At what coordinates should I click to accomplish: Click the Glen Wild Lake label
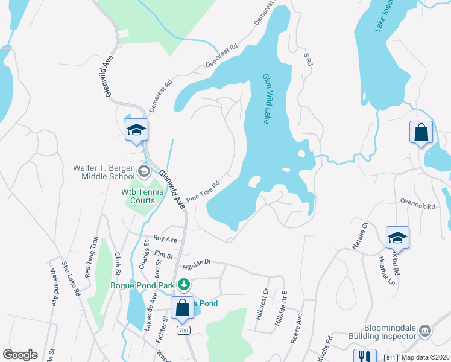point(266,99)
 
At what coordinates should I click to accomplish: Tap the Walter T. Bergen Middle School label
point(104,172)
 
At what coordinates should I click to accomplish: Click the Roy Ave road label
point(165,240)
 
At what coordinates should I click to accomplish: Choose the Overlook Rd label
point(418,206)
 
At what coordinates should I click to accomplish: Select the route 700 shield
point(184,331)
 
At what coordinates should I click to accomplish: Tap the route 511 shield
point(391,358)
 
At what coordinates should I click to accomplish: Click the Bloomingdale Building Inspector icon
point(424,331)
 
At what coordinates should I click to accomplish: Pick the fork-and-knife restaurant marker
point(364,357)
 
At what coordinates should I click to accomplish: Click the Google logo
point(20,355)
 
